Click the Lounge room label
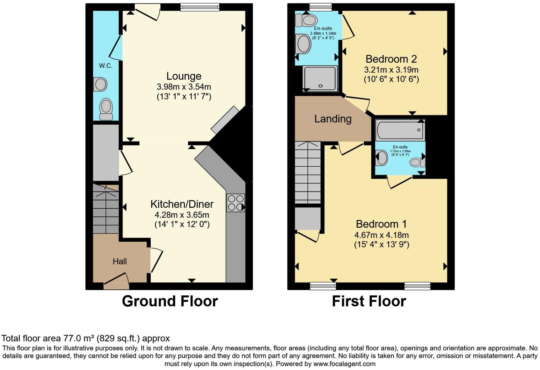click(184, 76)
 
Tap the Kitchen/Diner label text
click(182, 204)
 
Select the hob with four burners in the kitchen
click(236, 203)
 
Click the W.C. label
click(106, 66)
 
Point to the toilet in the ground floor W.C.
click(106, 109)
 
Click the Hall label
click(120, 262)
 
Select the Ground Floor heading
click(169, 301)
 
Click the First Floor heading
click(369, 301)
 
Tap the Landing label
click(333, 119)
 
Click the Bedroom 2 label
click(391, 59)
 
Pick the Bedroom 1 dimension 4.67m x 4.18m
click(382, 235)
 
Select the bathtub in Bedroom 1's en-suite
click(400, 130)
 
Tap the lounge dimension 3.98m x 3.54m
click(184, 87)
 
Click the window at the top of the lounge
click(200, 7)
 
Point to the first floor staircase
click(308, 172)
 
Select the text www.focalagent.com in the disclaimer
click(344, 364)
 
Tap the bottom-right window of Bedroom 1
click(417, 286)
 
